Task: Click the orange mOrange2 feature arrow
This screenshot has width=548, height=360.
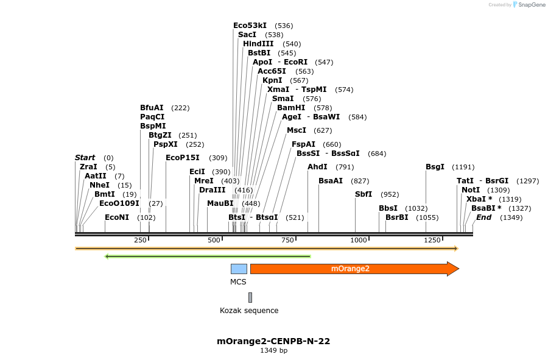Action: [x=353, y=269]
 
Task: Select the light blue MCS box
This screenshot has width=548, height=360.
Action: [x=239, y=269]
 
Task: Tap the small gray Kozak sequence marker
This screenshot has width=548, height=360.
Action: [x=250, y=297]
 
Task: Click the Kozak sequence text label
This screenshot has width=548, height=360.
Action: [x=249, y=311]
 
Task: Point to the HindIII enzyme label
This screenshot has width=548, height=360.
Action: [x=258, y=44]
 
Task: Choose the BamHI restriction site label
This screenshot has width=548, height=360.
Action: [x=291, y=108]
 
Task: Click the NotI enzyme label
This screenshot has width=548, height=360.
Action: [x=471, y=190]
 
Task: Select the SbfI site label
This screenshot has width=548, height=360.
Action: [x=364, y=194]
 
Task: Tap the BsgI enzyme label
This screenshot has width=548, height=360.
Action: [x=435, y=167]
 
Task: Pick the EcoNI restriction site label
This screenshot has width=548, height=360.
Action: [x=117, y=217]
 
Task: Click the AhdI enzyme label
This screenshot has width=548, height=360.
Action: [x=317, y=167]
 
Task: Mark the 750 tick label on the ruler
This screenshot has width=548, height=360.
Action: [x=288, y=240]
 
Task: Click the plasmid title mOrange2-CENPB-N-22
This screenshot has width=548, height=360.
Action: [x=273, y=341]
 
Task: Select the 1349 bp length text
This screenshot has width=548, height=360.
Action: [x=273, y=350]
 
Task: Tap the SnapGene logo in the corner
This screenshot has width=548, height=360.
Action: [x=529, y=5]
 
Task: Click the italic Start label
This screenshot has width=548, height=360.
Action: [x=85, y=158]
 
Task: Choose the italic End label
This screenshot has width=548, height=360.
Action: [x=483, y=217]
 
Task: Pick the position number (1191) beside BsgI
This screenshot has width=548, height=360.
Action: [x=463, y=167]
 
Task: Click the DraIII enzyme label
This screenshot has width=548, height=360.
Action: [x=212, y=190]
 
